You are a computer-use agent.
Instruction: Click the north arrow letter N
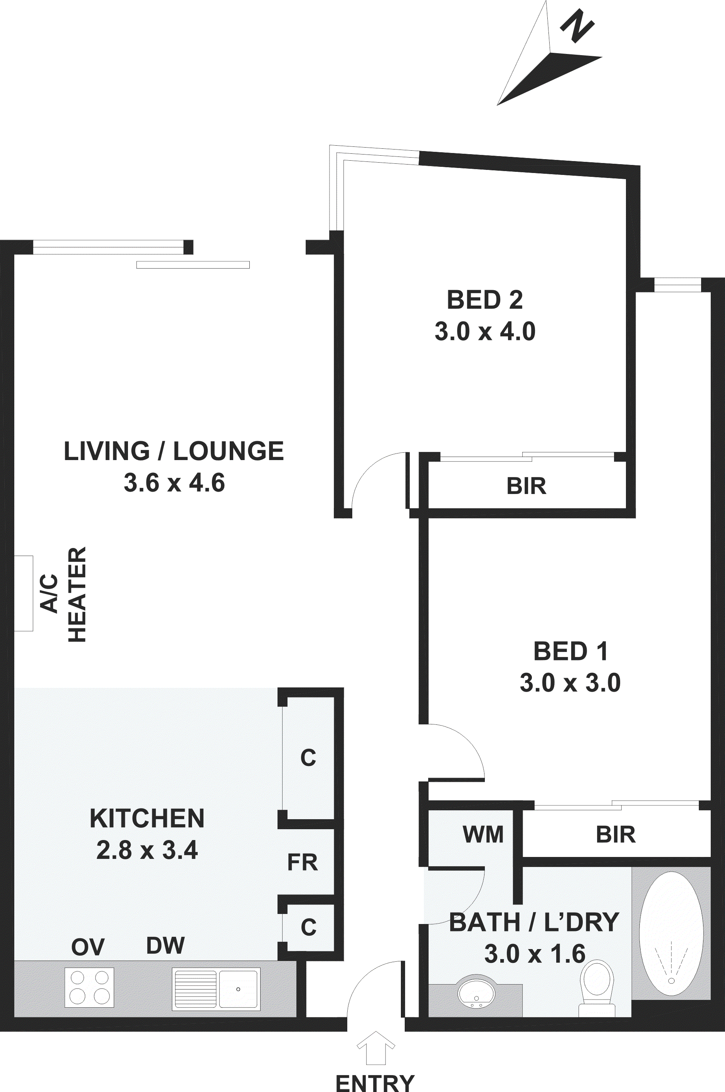pos(577,26)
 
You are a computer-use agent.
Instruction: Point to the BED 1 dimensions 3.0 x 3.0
pos(570,683)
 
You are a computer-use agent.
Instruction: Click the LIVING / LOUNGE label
pos(174,451)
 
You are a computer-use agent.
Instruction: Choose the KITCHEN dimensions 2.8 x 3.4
pos(147,850)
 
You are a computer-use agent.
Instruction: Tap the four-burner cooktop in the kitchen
pos(89,988)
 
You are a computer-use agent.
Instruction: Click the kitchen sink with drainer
pos(216,989)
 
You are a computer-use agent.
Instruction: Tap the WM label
pos(483,835)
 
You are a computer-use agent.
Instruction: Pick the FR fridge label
pos(303,862)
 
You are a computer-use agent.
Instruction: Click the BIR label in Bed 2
pos(526,486)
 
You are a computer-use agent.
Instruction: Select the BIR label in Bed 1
pos(616,835)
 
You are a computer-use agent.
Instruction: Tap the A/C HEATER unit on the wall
pos(24,593)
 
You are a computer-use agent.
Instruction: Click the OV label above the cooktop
pos(88,947)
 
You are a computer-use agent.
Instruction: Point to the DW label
pos(165,946)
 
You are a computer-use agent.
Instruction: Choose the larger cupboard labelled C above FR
pos(308,758)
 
